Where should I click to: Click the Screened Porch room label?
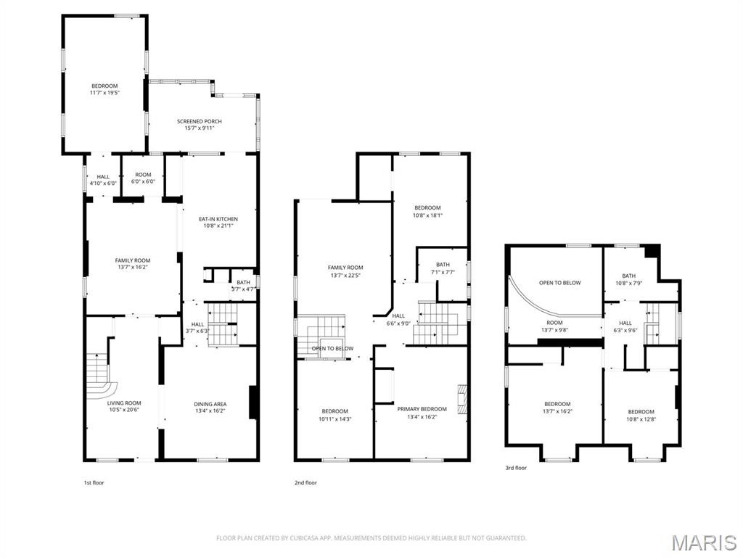[x=200, y=121]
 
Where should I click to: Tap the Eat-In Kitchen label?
[x=218, y=219]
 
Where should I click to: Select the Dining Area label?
[x=210, y=404]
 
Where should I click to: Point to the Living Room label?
[x=124, y=403]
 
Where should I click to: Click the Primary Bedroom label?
[x=422, y=409]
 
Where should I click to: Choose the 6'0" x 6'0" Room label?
[x=143, y=175]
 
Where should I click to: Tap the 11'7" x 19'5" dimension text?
[x=104, y=93]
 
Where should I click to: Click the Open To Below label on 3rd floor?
[x=559, y=283]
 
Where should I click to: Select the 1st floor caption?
[x=94, y=482]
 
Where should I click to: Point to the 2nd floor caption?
[x=305, y=482]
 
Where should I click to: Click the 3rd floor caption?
[x=516, y=468]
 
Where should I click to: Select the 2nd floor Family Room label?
[x=345, y=268]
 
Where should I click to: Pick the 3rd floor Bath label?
[x=628, y=276]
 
